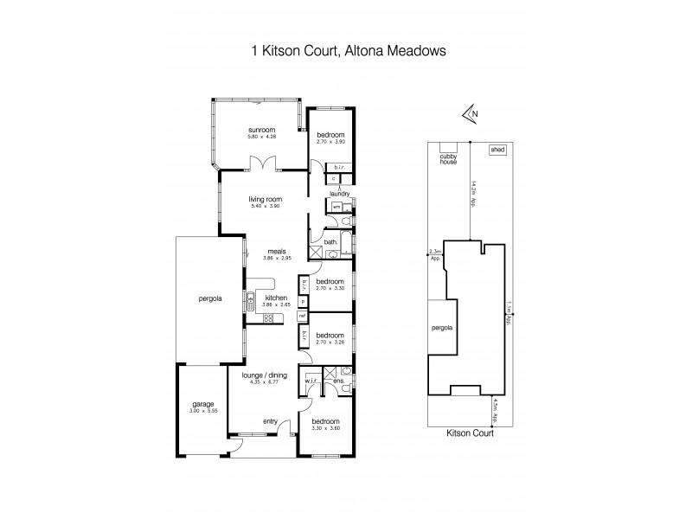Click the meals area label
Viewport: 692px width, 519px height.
pos(278,252)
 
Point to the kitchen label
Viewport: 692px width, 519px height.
pos(276,298)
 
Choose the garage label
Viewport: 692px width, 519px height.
pos(202,404)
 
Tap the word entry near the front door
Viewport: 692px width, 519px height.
pos(270,421)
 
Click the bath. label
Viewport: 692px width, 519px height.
pos(330,242)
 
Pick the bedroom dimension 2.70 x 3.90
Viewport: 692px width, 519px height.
pos(330,143)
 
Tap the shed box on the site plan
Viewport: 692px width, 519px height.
pos(497,150)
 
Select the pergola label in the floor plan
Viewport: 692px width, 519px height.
pos(204,298)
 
